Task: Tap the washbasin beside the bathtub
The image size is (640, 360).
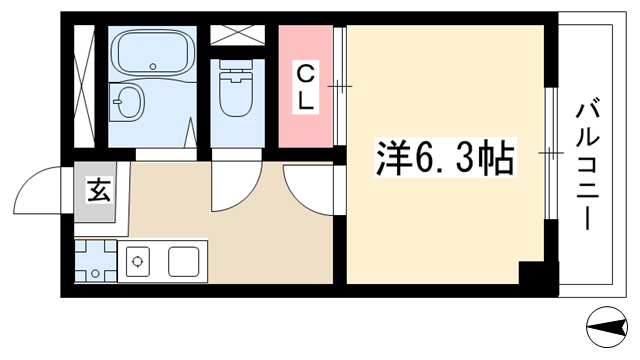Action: click(127, 102)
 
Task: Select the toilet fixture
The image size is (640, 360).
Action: click(236, 89)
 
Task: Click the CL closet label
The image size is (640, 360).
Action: click(305, 88)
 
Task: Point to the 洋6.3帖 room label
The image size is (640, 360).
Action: click(445, 158)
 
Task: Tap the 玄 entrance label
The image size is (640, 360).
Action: click(99, 190)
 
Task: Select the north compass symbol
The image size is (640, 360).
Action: click(607, 327)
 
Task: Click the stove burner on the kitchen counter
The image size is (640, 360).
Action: click(138, 262)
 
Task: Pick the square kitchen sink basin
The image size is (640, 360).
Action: click(184, 262)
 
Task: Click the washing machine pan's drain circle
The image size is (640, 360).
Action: click(96, 273)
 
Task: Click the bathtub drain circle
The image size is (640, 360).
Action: click(153, 66)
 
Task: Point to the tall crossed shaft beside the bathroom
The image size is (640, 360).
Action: click(84, 86)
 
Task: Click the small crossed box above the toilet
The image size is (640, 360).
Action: click(238, 35)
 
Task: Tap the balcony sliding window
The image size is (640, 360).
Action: click(551, 153)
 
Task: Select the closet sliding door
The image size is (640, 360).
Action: click(340, 86)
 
